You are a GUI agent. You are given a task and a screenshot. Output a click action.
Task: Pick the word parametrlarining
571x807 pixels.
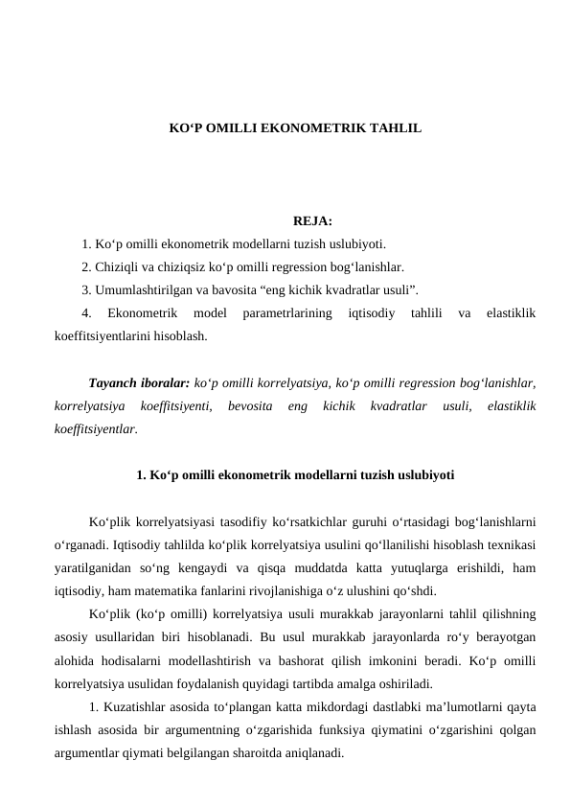288,313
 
